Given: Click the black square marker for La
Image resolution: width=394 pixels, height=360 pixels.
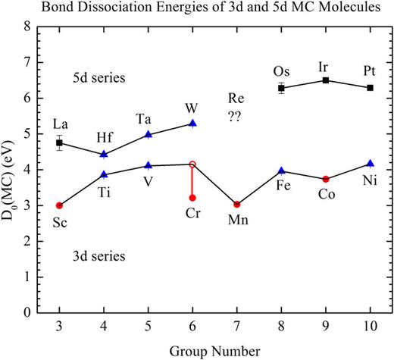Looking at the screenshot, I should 60,142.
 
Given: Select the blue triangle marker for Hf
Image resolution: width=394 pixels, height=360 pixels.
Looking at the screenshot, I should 104,154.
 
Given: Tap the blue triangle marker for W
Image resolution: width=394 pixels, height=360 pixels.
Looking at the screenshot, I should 192,123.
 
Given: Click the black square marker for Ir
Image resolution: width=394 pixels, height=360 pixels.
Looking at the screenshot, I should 326,80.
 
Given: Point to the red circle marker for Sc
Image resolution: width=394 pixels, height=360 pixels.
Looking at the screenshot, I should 60,205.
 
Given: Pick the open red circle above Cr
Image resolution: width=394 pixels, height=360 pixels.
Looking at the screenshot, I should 192,164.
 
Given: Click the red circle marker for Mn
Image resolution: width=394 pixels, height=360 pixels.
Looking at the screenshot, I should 237,205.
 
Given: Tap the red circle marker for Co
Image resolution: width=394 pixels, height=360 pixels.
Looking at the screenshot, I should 326,179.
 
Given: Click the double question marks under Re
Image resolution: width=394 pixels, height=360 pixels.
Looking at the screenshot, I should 237,115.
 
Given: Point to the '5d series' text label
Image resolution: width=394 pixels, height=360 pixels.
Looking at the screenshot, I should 98,78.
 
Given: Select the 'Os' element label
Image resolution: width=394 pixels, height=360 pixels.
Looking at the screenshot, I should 281,71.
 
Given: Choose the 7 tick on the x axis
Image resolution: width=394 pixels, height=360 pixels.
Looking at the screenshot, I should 237,326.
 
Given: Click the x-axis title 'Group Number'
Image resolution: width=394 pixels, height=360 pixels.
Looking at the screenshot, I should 214,351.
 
